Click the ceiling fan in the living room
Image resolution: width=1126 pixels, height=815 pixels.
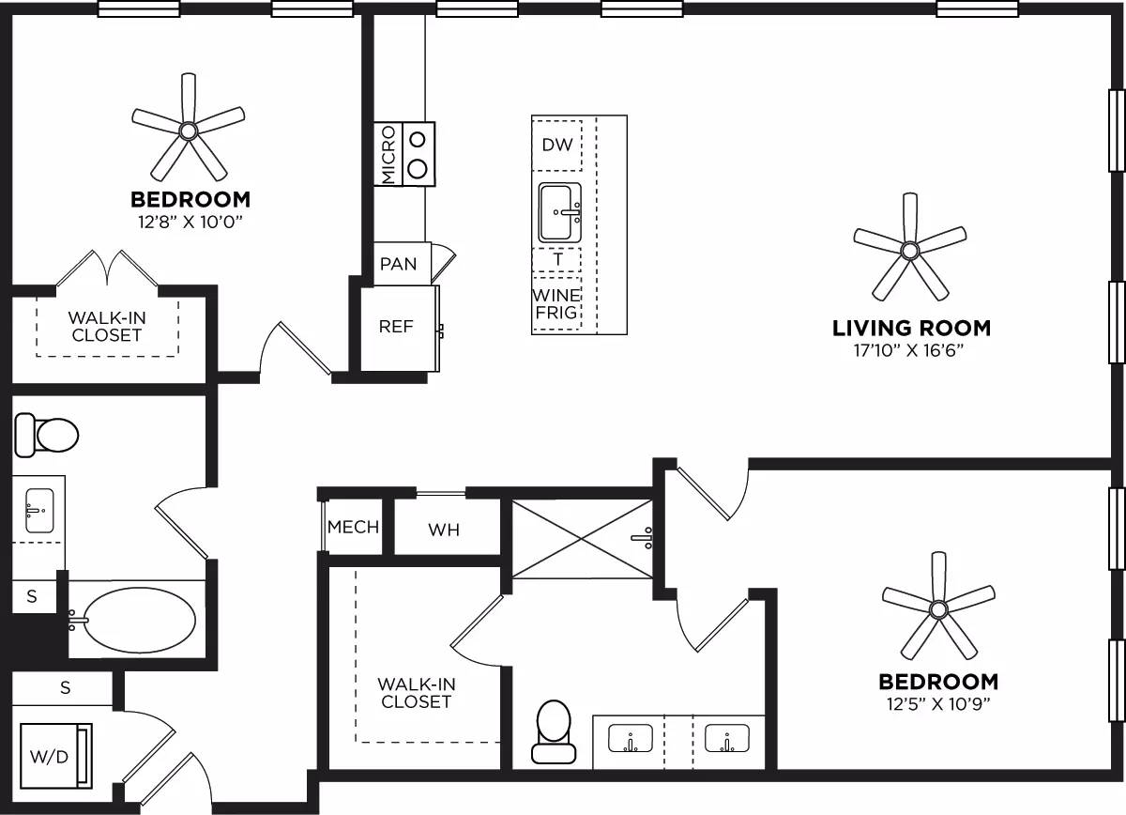(908, 250)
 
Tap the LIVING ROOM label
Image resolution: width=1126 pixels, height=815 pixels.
(911, 328)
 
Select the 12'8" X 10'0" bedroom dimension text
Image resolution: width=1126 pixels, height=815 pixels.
(190, 222)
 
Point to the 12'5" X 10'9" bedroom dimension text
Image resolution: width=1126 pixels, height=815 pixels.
(937, 703)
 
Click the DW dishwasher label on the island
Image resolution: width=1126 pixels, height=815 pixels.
(557, 145)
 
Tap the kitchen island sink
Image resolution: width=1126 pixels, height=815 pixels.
(560, 213)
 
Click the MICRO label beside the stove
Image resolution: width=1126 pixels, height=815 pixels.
(388, 155)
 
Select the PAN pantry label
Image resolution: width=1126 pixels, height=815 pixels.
(398, 264)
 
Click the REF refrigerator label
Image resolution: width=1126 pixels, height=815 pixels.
(396, 327)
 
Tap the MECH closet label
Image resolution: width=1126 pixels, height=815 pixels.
(353, 527)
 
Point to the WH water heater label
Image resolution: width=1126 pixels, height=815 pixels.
(444, 530)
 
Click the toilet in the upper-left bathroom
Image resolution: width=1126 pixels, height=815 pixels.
(47, 435)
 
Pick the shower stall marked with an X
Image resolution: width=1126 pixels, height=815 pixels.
(582, 539)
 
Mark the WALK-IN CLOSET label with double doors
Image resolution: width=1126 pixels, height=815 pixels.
(107, 326)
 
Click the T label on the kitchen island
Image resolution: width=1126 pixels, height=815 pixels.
(557, 259)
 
